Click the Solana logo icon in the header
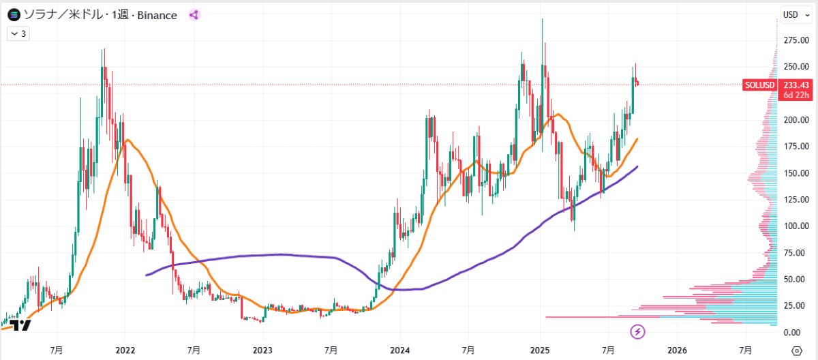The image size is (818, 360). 14,14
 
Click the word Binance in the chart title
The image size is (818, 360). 157,14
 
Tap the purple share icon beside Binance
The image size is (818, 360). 194,14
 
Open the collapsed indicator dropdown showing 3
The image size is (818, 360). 18,33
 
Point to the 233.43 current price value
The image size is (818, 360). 796,85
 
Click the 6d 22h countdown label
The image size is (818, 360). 796,95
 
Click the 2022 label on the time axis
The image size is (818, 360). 125,350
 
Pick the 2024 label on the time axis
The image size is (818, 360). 400,350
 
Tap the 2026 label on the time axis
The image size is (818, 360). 677,350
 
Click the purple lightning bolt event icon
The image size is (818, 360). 638,331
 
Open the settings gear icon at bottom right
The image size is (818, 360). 796,350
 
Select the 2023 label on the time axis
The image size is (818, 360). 262,350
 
